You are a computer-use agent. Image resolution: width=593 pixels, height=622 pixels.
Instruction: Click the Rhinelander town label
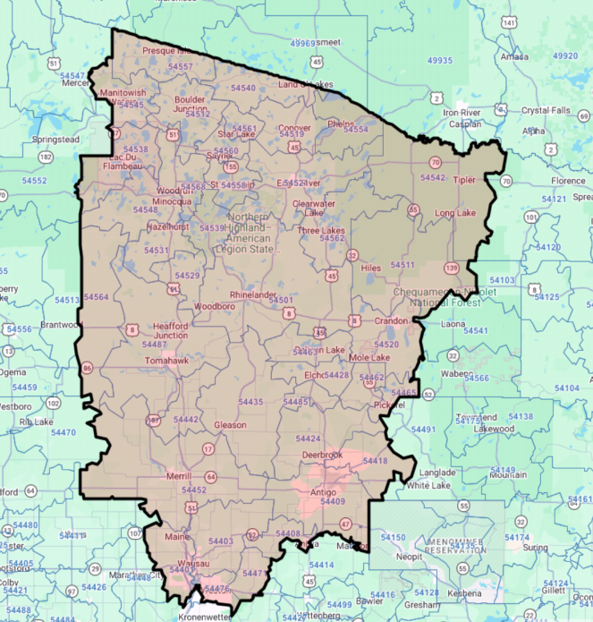pos(254,294)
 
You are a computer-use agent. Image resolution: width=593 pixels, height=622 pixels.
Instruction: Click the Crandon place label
pos(390,320)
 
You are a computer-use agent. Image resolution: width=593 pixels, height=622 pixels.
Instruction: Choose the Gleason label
pos(230,424)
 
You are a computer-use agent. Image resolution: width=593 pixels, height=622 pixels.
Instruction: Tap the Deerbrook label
pos(322,455)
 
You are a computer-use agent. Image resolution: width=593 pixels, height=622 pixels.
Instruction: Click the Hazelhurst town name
pos(168,228)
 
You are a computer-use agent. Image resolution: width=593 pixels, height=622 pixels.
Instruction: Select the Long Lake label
pos(455,213)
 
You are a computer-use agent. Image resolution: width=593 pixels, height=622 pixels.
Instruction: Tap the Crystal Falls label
pos(546,110)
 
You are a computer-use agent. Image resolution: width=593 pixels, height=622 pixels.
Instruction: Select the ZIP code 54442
pos(185,419)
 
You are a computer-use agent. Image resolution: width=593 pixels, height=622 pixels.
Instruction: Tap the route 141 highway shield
pos(510,21)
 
